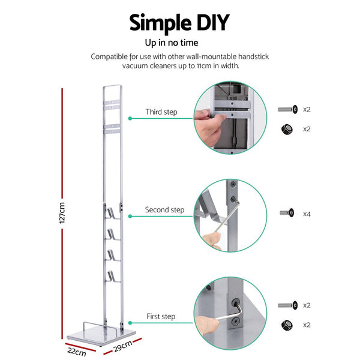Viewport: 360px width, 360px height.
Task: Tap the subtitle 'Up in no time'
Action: pos(179,43)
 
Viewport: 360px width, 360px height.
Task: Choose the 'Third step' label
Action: pos(161,112)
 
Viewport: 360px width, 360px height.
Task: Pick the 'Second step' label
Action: pos(164,211)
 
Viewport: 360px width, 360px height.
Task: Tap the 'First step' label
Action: pos(161,316)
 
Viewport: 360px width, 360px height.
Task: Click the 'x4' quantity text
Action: pos(307,214)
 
